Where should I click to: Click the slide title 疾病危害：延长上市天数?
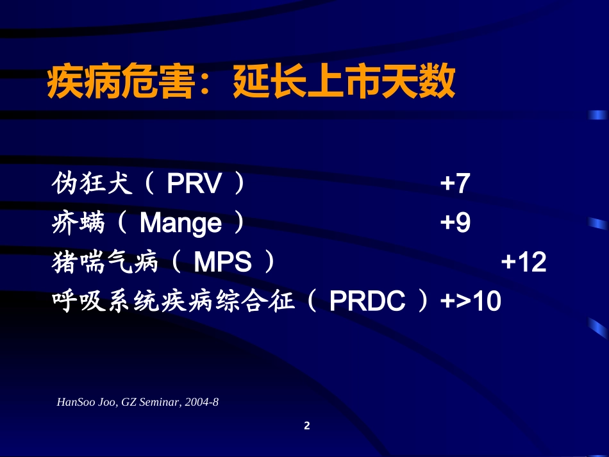point(251,83)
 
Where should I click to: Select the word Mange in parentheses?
point(180,223)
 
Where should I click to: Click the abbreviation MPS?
point(222,262)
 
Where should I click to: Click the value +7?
point(455,185)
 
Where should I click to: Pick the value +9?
point(455,223)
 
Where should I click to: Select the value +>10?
point(471,301)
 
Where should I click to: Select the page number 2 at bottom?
point(306,426)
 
